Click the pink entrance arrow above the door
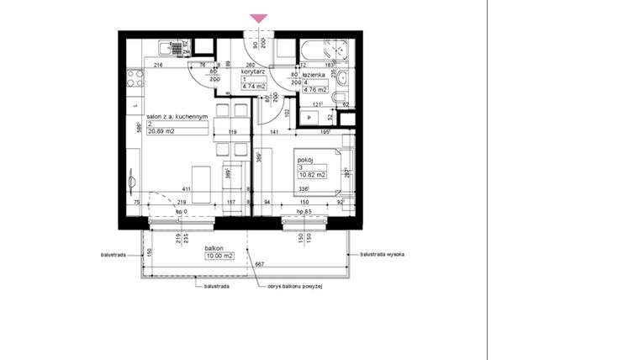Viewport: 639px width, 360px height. tap(259, 19)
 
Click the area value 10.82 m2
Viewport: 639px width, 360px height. tap(311, 175)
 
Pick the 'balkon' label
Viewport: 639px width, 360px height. tap(214, 249)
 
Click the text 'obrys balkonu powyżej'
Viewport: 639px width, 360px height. tap(295, 286)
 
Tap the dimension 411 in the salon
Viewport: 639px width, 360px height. tap(198, 190)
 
